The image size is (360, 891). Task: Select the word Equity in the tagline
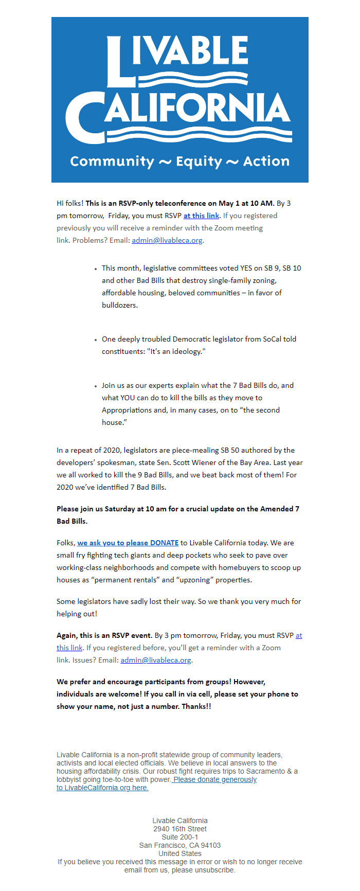click(199, 162)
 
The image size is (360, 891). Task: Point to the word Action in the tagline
click(266, 162)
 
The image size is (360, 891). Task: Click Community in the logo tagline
click(112, 162)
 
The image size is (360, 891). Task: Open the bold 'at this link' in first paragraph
click(201, 216)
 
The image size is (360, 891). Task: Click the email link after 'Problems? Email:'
click(167, 240)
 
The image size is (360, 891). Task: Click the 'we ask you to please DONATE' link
click(128, 543)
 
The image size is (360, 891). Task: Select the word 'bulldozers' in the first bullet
click(119, 305)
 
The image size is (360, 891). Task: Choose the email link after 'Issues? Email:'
click(155, 660)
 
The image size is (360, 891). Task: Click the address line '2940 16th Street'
click(179, 829)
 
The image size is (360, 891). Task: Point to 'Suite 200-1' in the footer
click(179, 837)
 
